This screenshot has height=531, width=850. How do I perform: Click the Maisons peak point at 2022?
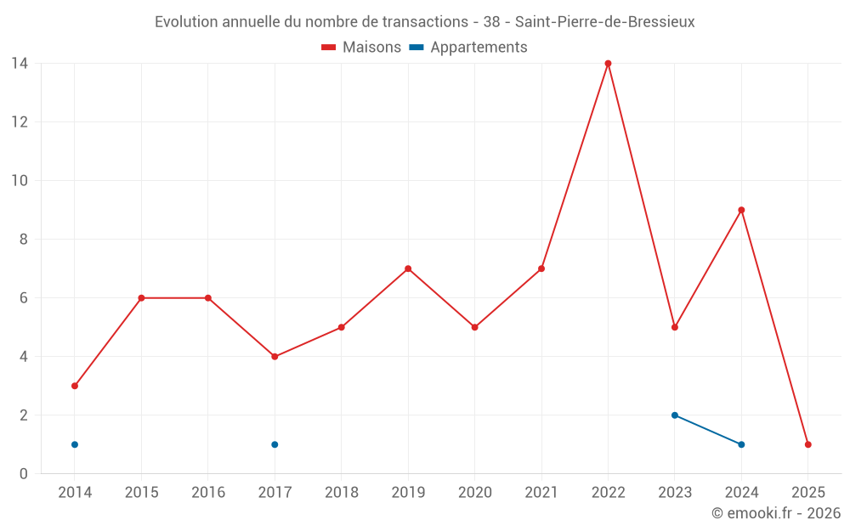(608, 64)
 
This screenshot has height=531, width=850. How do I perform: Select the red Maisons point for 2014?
(75, 386)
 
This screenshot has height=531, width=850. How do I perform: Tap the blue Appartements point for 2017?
(275, 444)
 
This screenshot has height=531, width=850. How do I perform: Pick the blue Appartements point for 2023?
(675, 415)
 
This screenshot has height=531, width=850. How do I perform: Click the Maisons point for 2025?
(807, 444)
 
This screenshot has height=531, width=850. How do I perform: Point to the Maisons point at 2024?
(741, 210)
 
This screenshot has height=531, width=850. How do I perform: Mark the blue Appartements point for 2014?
(75, 444)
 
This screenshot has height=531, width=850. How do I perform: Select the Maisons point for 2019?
(408, 268)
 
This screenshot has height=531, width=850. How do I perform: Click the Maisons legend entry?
(361, 48)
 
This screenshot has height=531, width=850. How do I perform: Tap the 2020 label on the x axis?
(474, 493)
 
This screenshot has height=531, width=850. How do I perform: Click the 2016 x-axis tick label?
(208, 493)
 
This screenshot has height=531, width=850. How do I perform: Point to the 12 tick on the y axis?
(20, 122)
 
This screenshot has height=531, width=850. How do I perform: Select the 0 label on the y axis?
(24, 474)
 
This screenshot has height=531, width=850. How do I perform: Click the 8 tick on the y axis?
(24, 240)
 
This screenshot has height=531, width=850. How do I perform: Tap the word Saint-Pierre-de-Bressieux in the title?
(604, 22)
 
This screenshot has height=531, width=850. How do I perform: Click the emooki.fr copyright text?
(775, 513)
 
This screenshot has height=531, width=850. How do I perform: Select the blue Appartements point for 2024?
(741, 444)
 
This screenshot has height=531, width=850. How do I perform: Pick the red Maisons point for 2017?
(275, 357)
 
